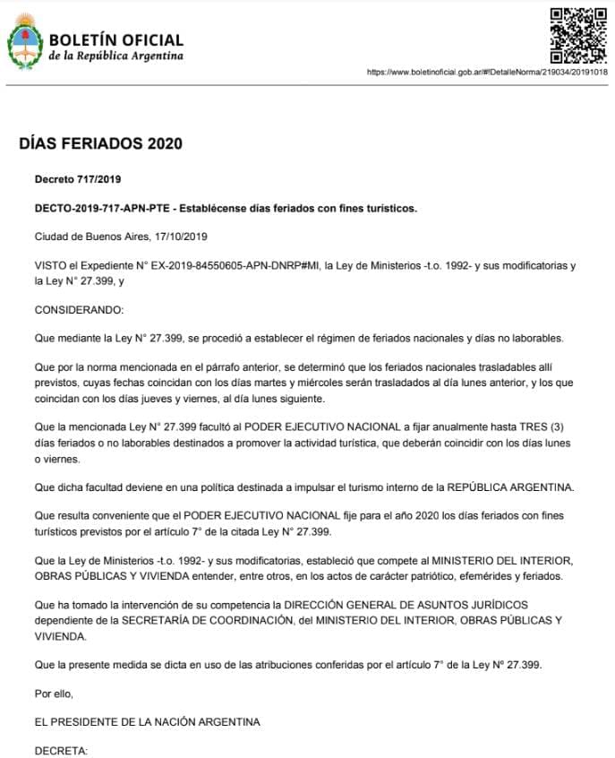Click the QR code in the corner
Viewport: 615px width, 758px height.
577,34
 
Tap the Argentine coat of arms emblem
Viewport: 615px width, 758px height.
25,43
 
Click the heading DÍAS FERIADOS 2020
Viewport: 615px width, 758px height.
100,143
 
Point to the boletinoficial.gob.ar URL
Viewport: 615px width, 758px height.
487,72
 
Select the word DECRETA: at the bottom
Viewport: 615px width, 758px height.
61,749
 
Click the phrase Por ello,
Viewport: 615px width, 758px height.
55,693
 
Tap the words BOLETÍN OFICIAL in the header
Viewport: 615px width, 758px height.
116,40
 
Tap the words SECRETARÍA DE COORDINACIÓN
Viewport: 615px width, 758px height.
190,620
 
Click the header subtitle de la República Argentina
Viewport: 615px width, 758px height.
116,56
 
